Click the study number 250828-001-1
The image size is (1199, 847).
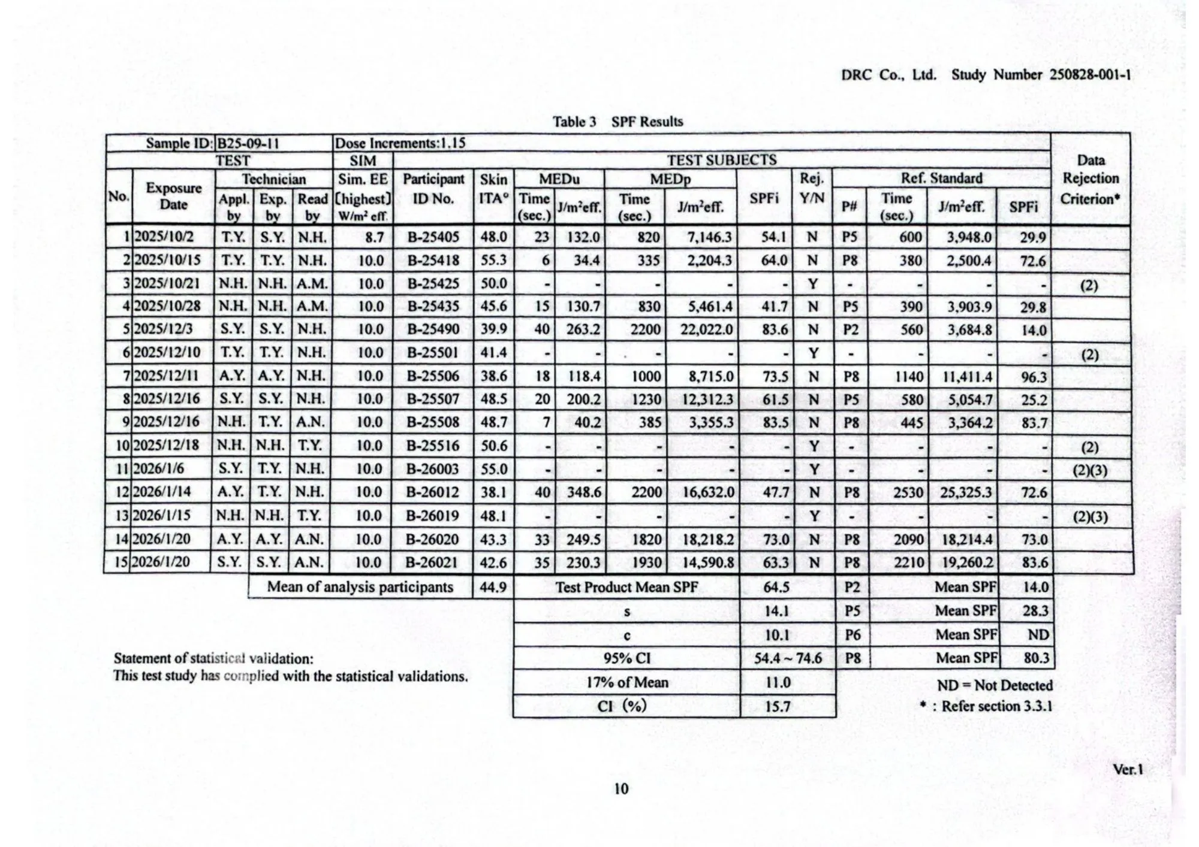click(1089, 75)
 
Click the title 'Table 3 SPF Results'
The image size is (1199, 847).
click(617, 122)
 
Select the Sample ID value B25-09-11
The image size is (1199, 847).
click(248, 144)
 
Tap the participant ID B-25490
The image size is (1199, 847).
click(433, 329)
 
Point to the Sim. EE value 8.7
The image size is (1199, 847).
click(374, 237)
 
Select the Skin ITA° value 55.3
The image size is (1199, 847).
click(493, 260)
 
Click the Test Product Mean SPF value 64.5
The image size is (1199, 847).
click(776, 587)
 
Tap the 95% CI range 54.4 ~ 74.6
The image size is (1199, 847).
click(788, 658)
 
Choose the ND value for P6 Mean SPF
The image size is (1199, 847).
click(1038, 635)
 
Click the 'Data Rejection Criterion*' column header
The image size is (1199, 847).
click(1090, 179)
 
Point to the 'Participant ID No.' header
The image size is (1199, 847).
click(433, 189)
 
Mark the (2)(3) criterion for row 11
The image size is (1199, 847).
click(1090, 470)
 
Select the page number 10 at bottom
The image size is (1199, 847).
click(621, 788)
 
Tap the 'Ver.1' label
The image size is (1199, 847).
click(1128, 769)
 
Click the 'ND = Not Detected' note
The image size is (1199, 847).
click(995, 685)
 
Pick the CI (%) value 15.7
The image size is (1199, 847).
click(777, 707)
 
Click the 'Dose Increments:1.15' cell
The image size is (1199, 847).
click(400, 144)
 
